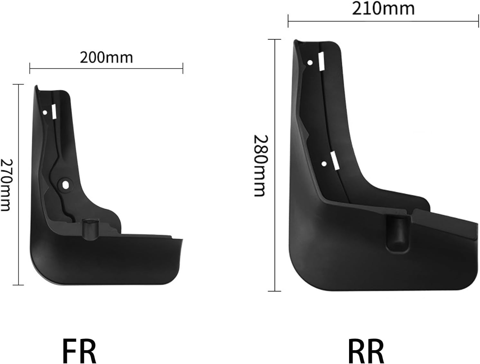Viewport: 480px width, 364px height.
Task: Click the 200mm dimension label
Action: (106, 58)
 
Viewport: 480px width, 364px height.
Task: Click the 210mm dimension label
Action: (383, 9)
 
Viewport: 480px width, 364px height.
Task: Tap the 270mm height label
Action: (6, 185)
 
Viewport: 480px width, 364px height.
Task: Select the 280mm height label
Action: (261, 166)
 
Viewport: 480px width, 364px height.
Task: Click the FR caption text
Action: (79, 351)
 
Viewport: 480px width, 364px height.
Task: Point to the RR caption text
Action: (366, 351)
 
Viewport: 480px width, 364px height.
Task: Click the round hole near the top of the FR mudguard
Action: (45, 113)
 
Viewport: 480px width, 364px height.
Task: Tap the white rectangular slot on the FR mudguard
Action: (54, 111)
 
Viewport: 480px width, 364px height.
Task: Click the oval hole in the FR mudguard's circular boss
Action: (65, 185)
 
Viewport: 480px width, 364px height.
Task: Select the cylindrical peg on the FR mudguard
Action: (90, 230)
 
